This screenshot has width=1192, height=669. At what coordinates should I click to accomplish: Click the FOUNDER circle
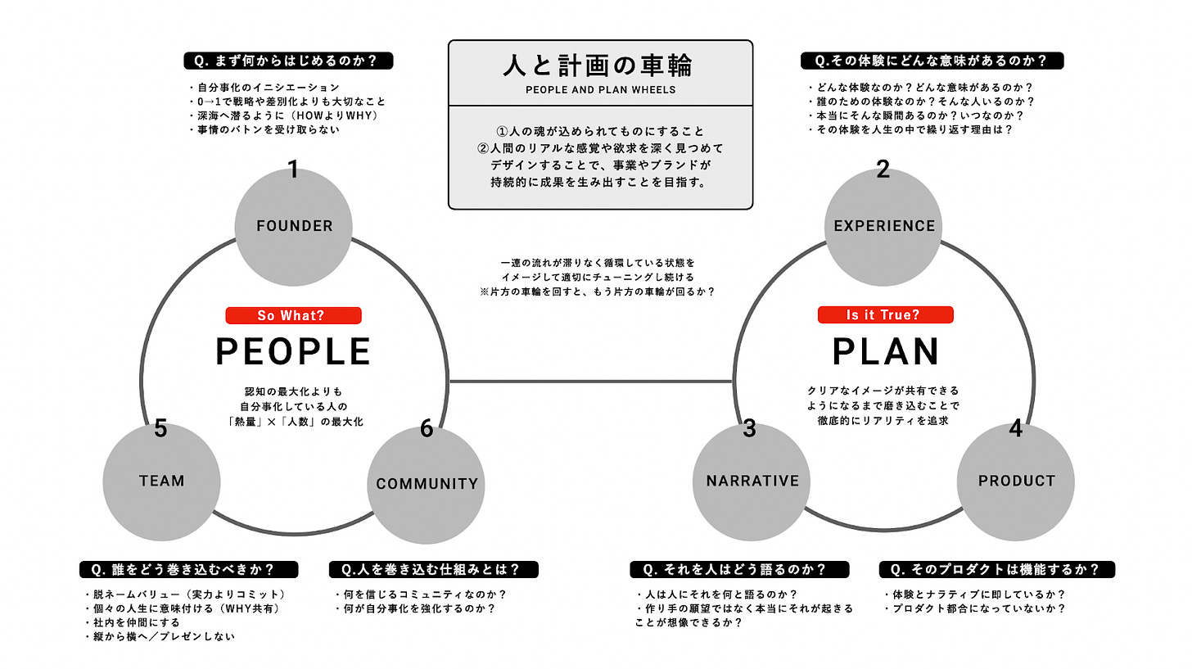click(294, 226)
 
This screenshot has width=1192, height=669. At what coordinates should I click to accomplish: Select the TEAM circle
click(162, 481)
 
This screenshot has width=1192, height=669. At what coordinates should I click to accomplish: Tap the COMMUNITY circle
click(427, 484)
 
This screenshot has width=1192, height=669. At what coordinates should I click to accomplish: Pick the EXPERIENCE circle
click(883, 226)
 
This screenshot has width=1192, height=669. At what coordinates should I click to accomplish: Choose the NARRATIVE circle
click(752, 481)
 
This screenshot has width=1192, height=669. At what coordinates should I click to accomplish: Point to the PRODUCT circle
click(1016, 481)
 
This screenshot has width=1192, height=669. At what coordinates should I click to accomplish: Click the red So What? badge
click(293, 315)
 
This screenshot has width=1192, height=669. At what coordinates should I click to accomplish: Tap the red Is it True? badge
click(885, 315)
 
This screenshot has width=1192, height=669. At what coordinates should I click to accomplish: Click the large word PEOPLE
click(293, 351)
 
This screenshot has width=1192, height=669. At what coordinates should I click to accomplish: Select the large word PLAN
click(886, 351)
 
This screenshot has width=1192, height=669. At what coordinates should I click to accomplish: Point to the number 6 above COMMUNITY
click(426, 428)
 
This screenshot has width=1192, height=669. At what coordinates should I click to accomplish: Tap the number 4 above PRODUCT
click(1016, 428)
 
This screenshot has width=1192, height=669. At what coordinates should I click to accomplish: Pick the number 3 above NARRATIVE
click(750, 428)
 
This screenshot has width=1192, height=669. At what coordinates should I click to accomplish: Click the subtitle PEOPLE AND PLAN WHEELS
click(600, 89)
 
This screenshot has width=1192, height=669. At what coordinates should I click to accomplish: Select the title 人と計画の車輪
click(600, 65)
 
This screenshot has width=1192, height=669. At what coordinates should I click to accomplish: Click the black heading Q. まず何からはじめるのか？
click(289, 61)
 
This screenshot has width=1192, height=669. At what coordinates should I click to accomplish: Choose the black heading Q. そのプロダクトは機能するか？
click(996, 569)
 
